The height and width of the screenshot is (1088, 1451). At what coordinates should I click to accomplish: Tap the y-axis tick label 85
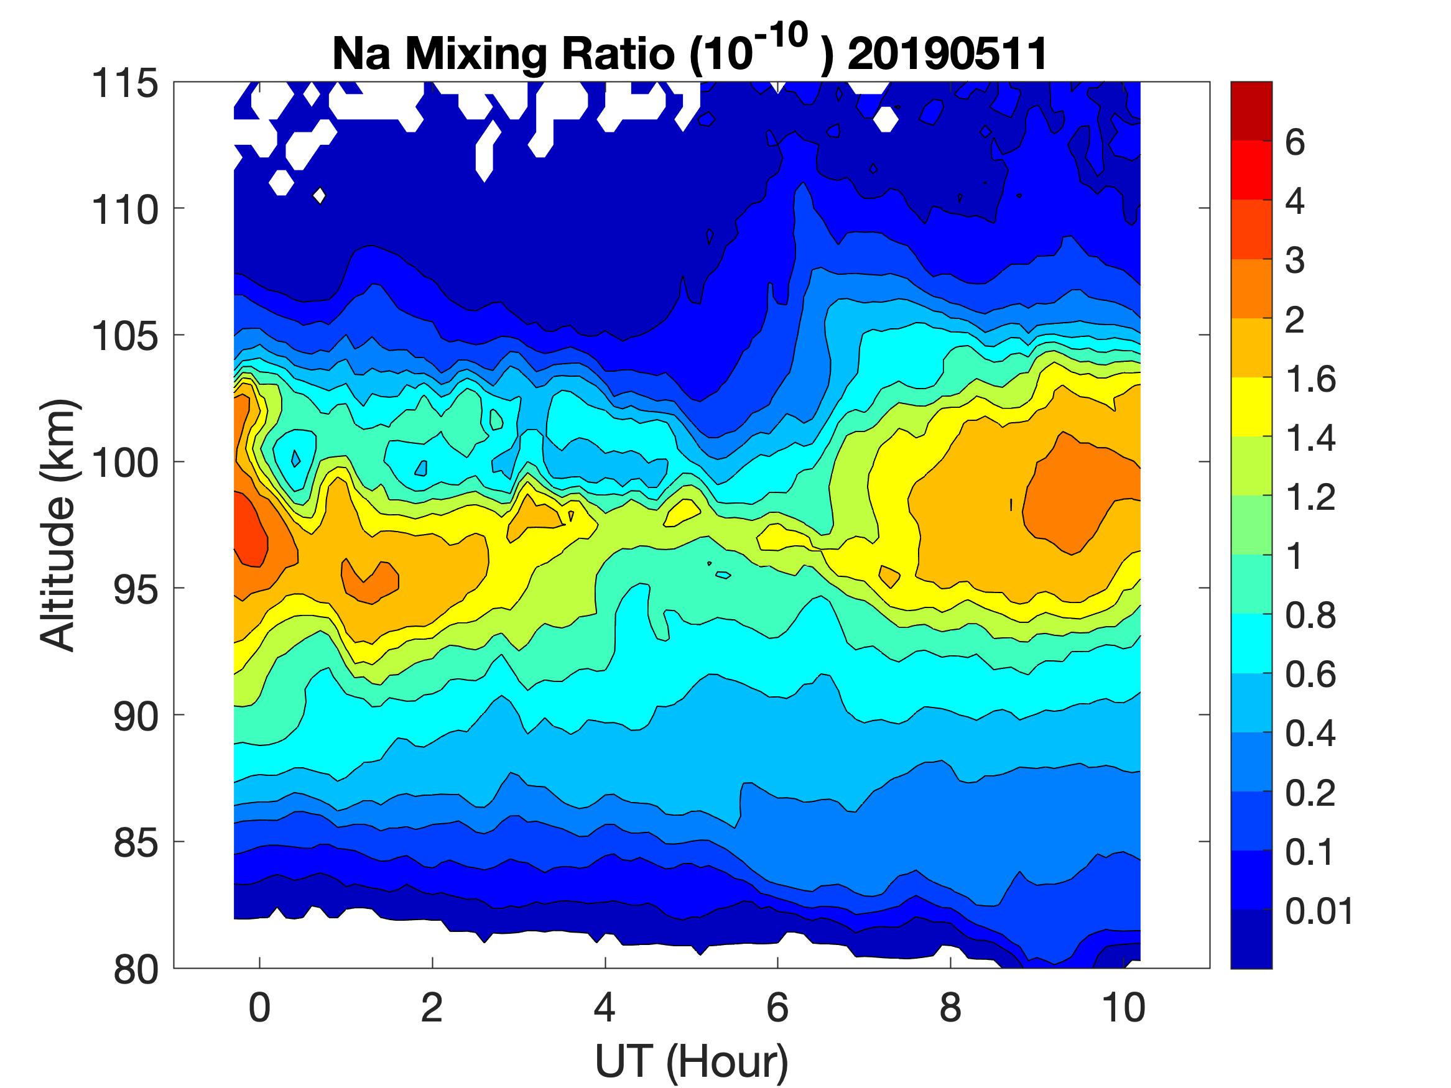point(136,842)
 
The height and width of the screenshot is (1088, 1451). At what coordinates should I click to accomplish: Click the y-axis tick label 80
point(136,969)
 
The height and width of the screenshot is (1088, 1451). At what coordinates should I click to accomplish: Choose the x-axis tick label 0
point(260,1007)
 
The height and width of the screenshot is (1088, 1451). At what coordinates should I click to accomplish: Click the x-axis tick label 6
point(777,1007)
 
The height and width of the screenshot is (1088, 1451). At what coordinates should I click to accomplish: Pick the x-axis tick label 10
point(1124,1007)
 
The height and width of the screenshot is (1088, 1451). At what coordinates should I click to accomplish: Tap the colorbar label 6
point(1295,142)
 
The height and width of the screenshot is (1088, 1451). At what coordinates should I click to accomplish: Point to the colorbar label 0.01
point(1319,911)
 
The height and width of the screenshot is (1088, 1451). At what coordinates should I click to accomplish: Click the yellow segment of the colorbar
point(1251,407)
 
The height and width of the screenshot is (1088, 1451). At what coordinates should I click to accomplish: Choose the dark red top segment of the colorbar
point(1251,110)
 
